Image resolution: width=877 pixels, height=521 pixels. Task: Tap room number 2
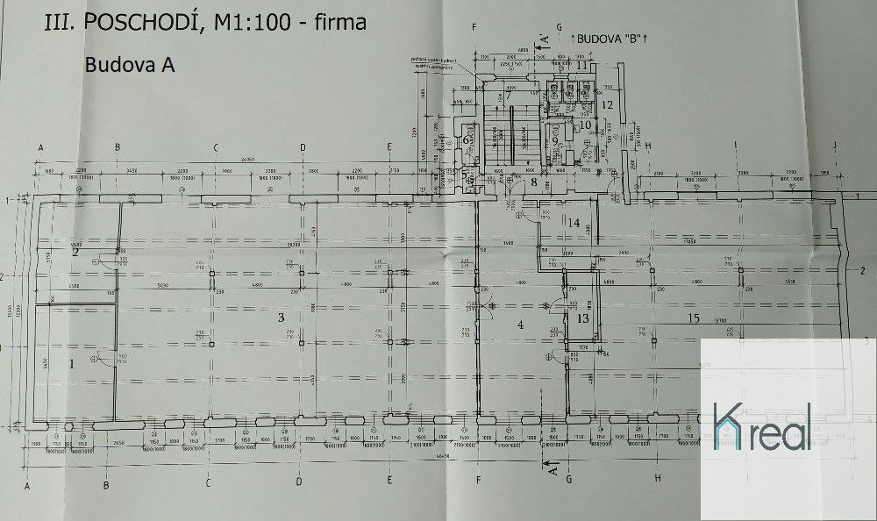75,253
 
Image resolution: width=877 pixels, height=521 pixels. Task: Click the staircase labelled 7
508,95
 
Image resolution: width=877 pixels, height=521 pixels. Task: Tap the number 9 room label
555,141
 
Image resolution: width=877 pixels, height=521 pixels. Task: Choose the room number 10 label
586,125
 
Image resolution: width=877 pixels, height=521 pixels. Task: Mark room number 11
581,65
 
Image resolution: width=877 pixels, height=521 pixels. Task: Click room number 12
606,104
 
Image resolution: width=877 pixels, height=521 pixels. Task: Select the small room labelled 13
583,318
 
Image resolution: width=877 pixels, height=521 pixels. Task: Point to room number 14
573,224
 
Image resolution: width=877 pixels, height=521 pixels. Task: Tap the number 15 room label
694,318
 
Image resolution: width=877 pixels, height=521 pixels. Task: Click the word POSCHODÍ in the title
140,24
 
